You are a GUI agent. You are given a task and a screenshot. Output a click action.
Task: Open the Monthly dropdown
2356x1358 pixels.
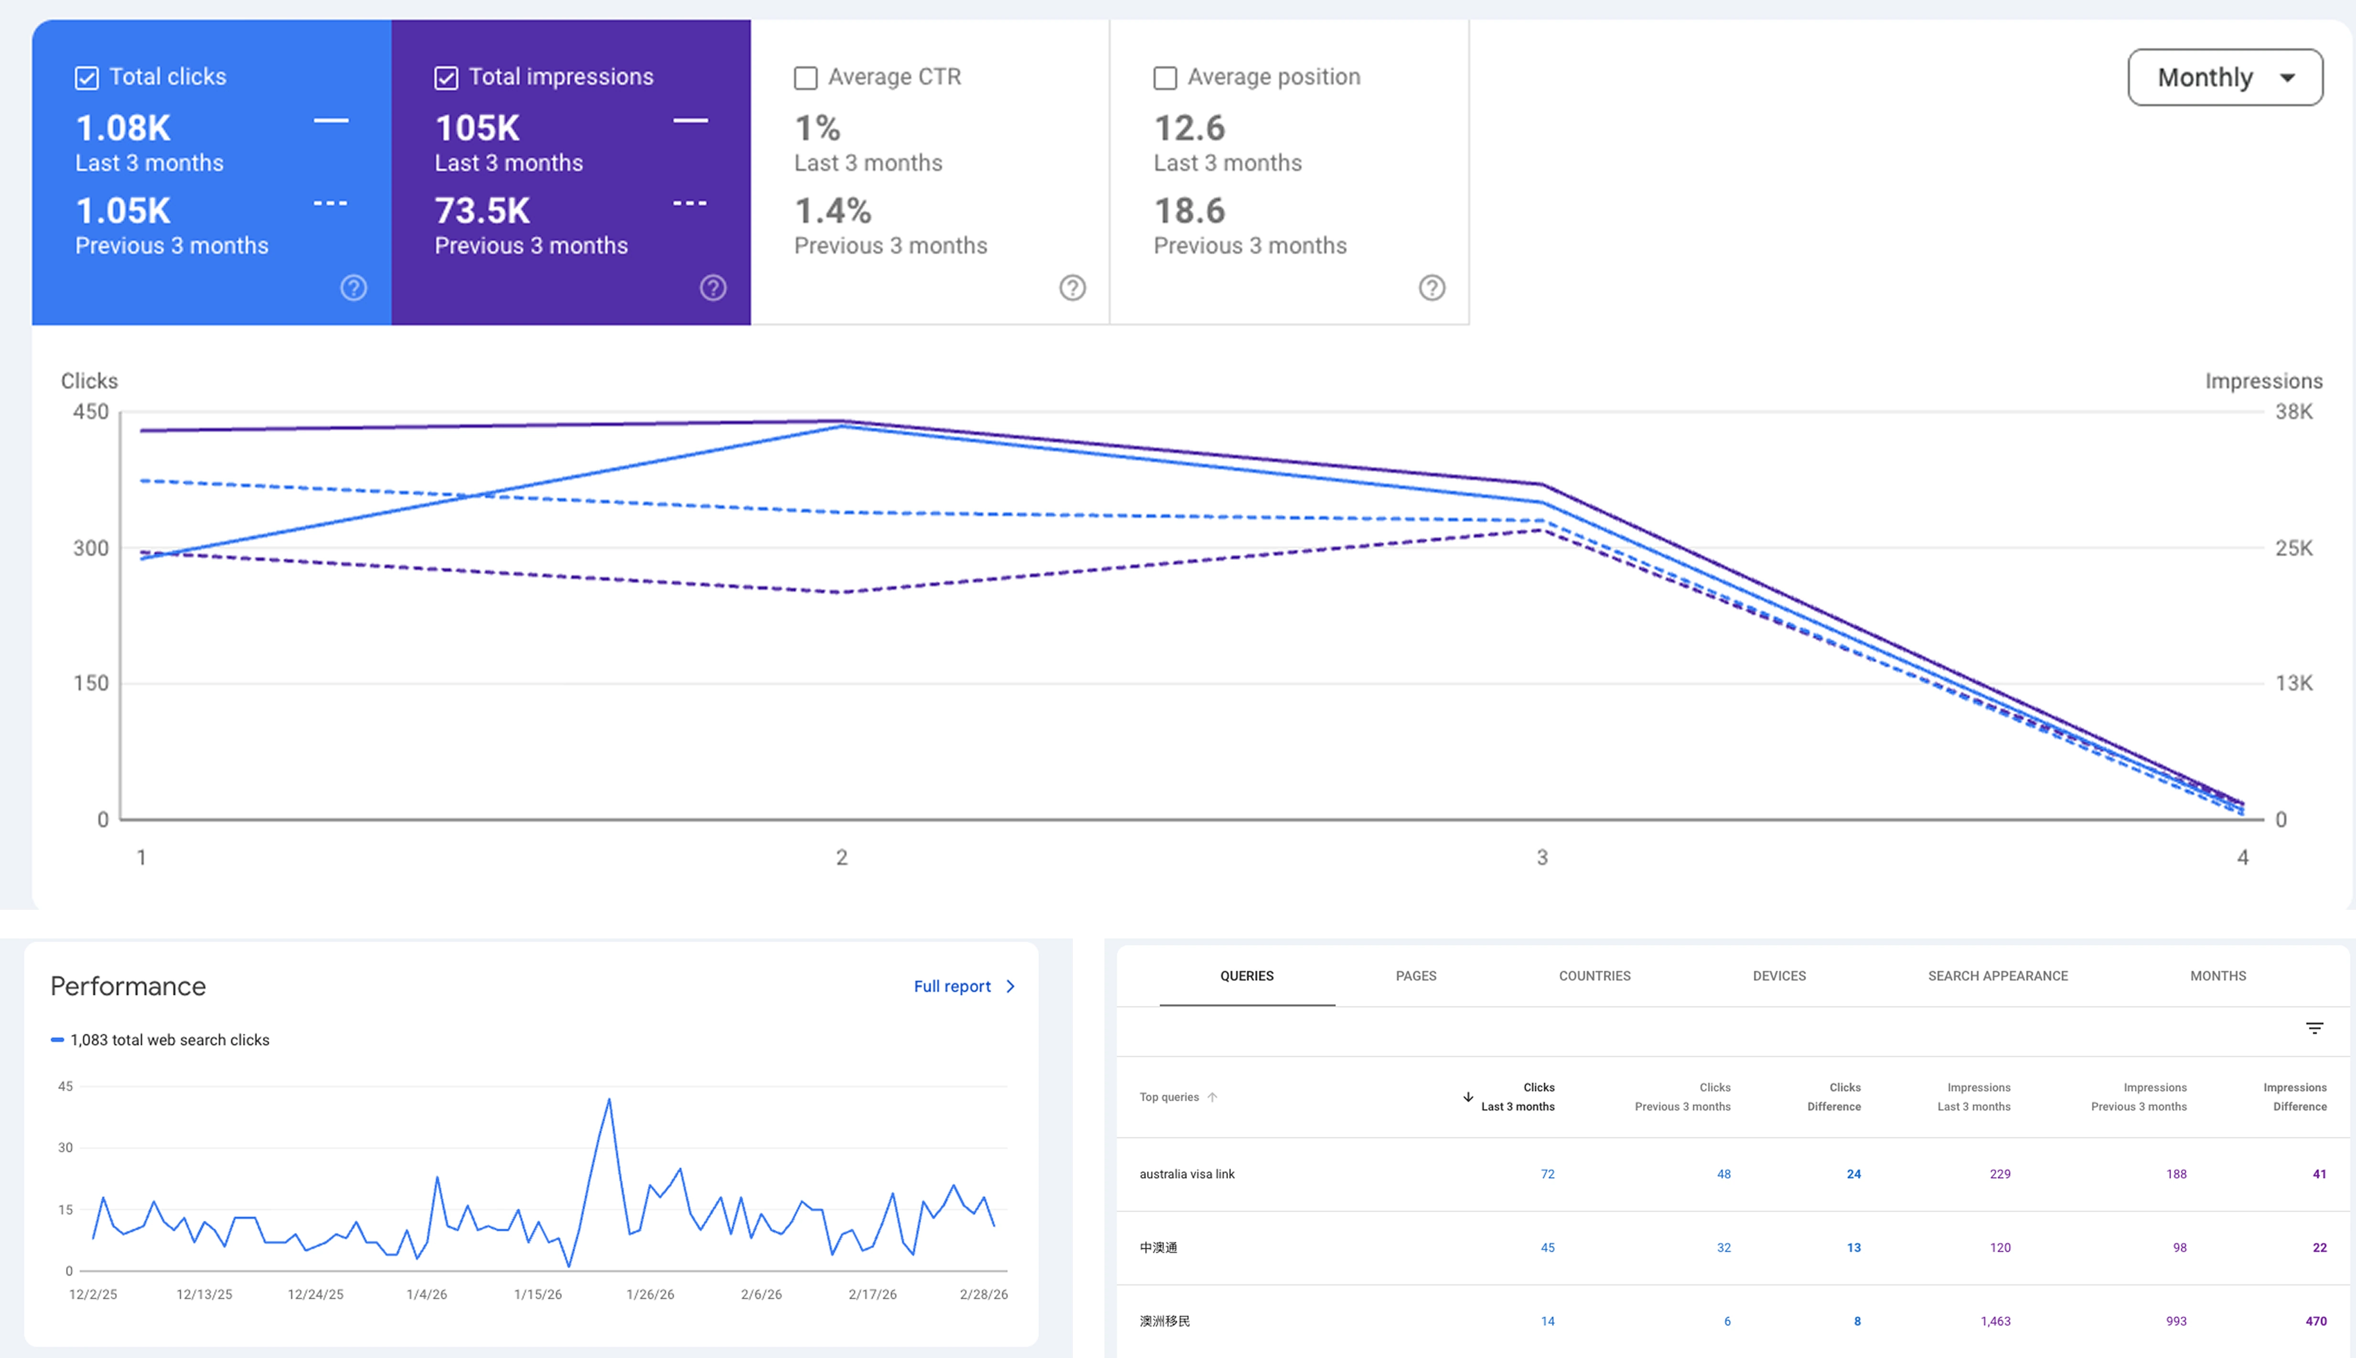[x=2225, y=77]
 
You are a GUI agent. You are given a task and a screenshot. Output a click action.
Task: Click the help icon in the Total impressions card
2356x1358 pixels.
[x=713, y=287]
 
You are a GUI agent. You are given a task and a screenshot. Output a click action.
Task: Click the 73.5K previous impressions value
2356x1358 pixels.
[x=482, y=211]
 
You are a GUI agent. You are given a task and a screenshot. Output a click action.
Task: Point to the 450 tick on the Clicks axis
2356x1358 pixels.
[x=90, y=411]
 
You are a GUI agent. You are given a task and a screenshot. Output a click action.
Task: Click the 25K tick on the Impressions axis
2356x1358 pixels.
[x=2293, y=548]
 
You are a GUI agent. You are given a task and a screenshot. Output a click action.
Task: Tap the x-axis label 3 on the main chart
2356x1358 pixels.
[x=1542, y=857]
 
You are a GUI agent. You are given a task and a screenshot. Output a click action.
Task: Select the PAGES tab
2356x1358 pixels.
[x=1415, y=976]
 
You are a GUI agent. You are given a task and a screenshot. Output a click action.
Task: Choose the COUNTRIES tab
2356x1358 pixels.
[x=1594, y=976]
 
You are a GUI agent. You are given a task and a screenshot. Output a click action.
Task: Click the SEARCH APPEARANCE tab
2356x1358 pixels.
[x=1997, y=976]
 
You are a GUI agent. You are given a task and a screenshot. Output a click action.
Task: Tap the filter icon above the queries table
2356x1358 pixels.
[x=2314, y=1028]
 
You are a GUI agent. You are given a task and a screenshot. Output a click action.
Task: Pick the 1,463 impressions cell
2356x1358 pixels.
[x=1995, y=1321]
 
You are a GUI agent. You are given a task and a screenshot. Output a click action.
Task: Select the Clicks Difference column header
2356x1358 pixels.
[x=1834, y=1097]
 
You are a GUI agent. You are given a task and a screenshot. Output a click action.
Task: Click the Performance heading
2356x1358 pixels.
[x=128, y=986]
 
